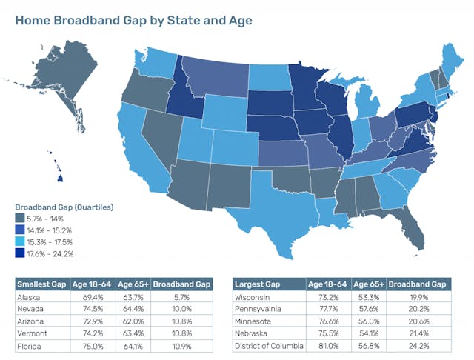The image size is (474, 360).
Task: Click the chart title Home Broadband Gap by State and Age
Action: pos(133,20)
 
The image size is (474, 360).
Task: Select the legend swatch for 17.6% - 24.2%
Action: pos(21,253)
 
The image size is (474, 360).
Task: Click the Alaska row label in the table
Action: pos(29,296)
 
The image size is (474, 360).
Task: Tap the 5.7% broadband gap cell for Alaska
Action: pos(188,296)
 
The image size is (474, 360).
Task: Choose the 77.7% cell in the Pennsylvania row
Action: pos(327,308)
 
